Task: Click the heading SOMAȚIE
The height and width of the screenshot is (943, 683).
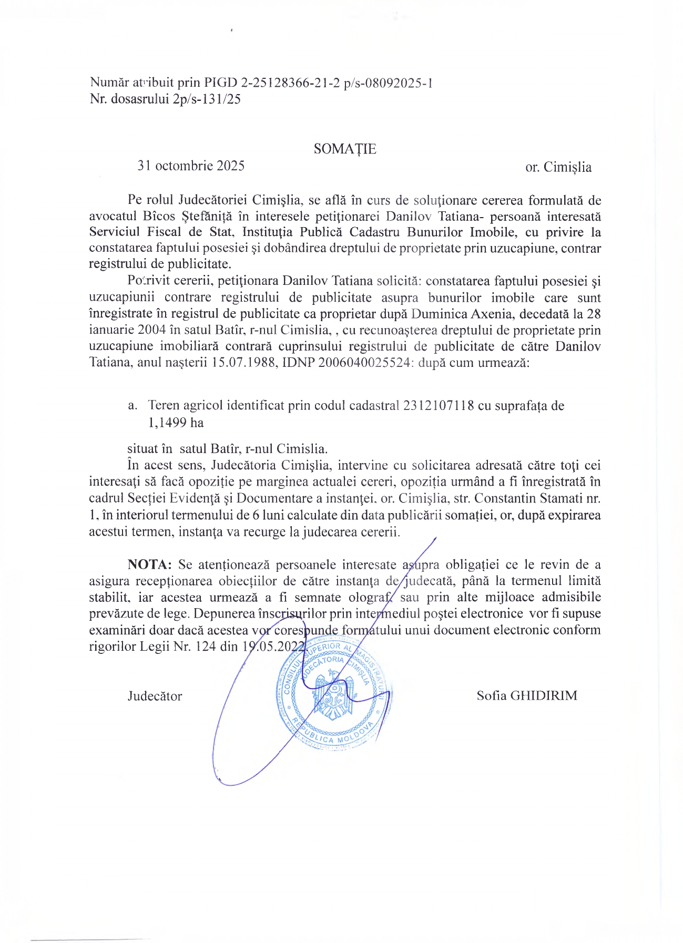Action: click(345, 149)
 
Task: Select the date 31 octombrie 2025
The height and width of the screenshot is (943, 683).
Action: click(191, 166)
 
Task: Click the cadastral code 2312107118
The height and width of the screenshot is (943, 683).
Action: click(439, 406)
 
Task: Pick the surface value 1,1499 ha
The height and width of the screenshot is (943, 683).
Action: click(176, 423)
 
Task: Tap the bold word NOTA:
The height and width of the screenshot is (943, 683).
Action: click(150, 565)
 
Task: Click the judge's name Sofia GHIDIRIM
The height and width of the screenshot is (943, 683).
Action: click(527, 696)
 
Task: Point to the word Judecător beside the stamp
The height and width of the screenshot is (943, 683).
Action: click(155, 696)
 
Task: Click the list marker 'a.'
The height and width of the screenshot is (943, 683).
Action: click(132, 406)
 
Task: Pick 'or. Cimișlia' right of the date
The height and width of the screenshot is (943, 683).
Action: click(558, 168)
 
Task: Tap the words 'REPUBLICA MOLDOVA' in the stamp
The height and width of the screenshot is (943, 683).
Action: click(334, 736)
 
